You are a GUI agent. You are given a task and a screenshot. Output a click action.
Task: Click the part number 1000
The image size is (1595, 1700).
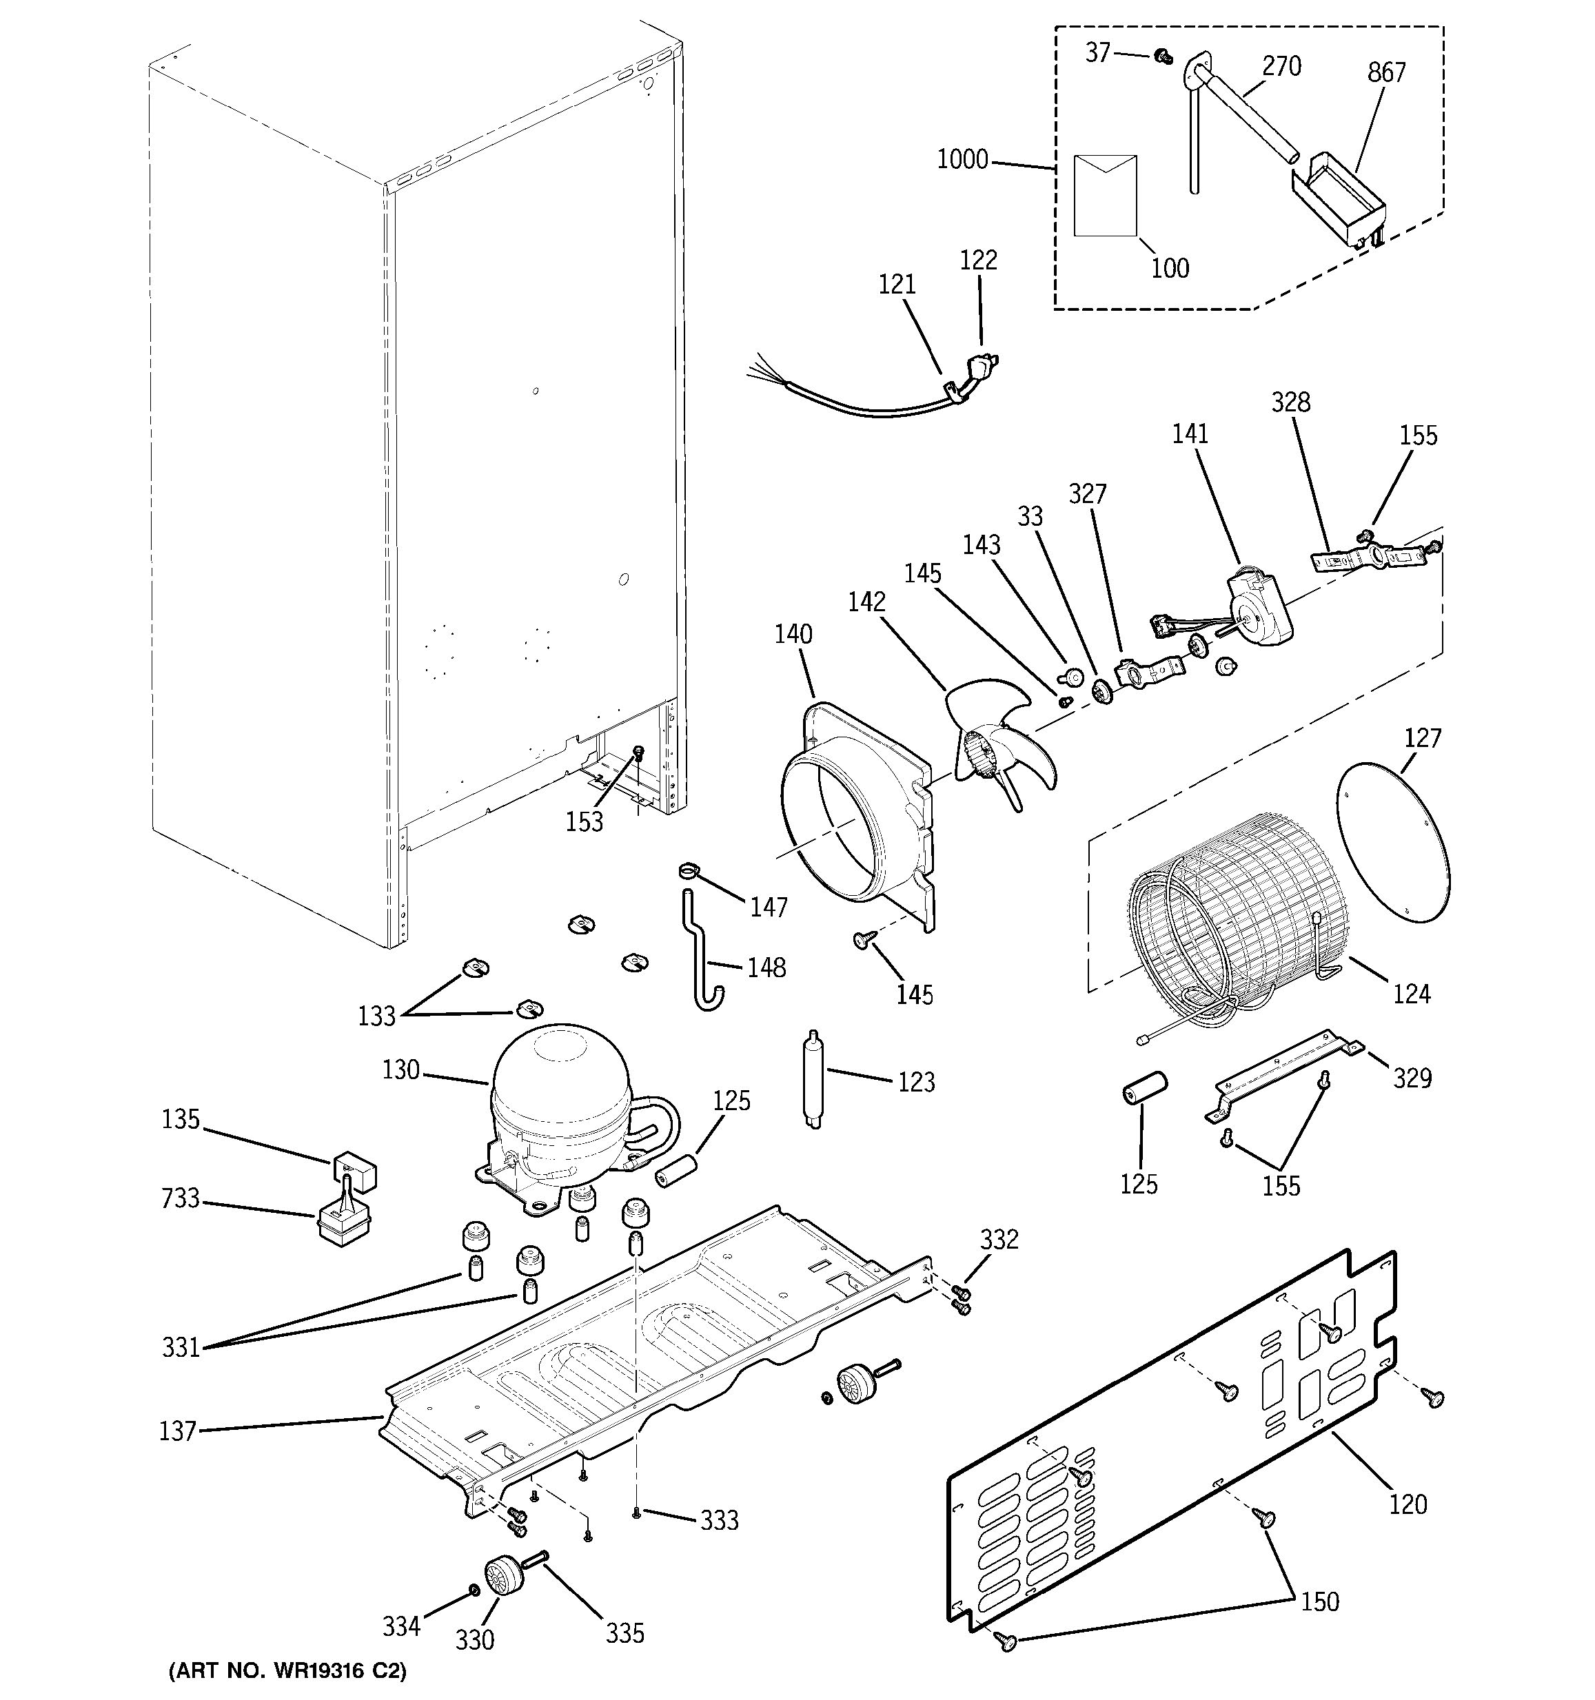[x=962, y=160]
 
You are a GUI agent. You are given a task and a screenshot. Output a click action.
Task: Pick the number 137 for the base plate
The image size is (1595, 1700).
[x=178, y=1431]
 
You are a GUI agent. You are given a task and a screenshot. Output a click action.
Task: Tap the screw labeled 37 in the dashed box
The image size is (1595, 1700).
[x=1161, y=57]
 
